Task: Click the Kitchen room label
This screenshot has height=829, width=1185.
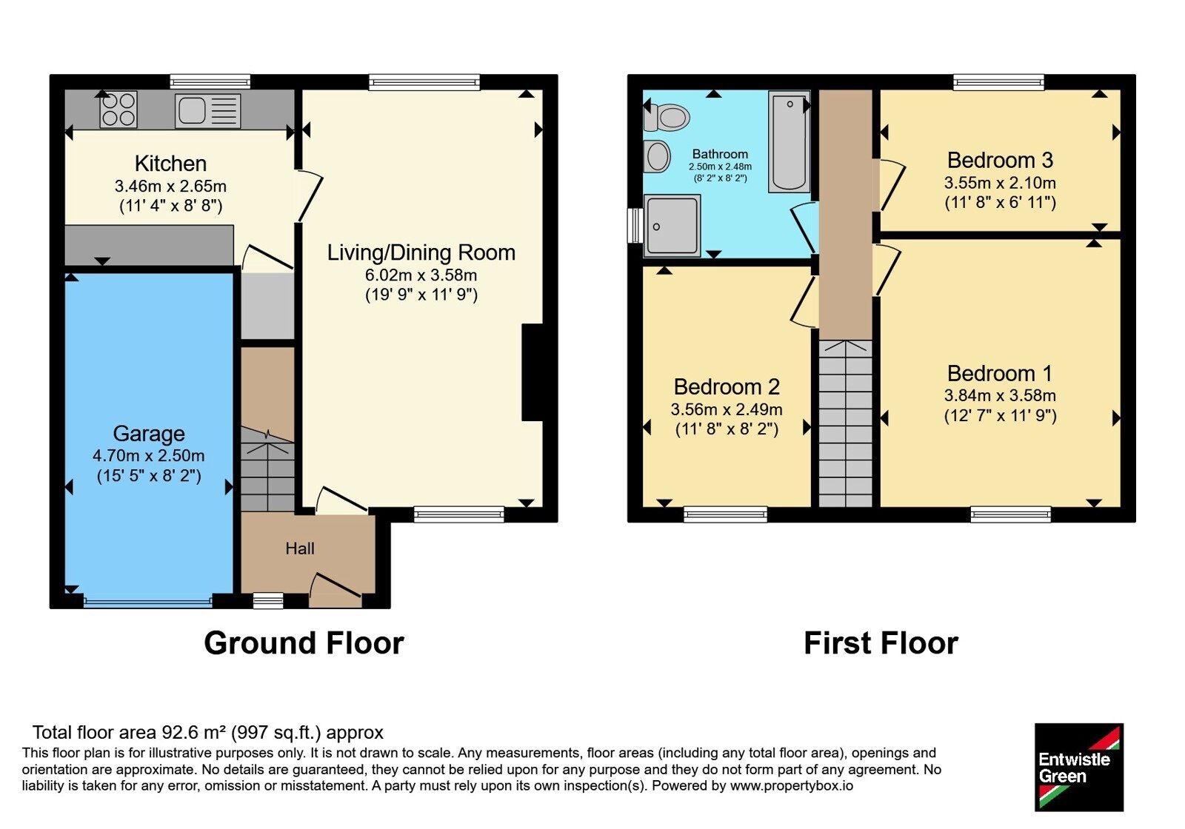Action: [170, 164]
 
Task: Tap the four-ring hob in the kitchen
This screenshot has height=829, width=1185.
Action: [118, 110]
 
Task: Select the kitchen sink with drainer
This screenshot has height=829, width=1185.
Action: [208, 111]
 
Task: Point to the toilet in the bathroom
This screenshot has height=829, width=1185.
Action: [667, 117]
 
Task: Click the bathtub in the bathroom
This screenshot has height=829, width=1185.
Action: [790, 141]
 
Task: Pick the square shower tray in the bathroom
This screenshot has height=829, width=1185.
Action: [672, 226]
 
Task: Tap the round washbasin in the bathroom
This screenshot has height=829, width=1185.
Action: [657, 156]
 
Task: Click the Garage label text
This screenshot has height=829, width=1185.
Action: [149, 434]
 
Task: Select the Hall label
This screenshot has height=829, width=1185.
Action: [300, 548]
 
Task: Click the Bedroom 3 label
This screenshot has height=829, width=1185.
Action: [1000, 160]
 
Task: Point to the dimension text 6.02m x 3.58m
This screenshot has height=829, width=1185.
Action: [421, 275]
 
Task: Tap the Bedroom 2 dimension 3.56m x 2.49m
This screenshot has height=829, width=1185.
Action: [727, 409]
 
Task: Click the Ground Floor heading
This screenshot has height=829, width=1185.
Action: [304, 643]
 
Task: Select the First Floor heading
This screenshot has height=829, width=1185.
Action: [881, 643]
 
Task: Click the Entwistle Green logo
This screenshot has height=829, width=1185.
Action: [1079, 767]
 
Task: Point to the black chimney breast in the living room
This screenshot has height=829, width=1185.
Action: [533, 372]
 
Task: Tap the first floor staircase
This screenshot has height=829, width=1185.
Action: [845, 423]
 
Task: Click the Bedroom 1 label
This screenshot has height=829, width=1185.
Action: [1000, 374]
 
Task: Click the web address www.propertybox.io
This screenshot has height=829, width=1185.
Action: [792, 786]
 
